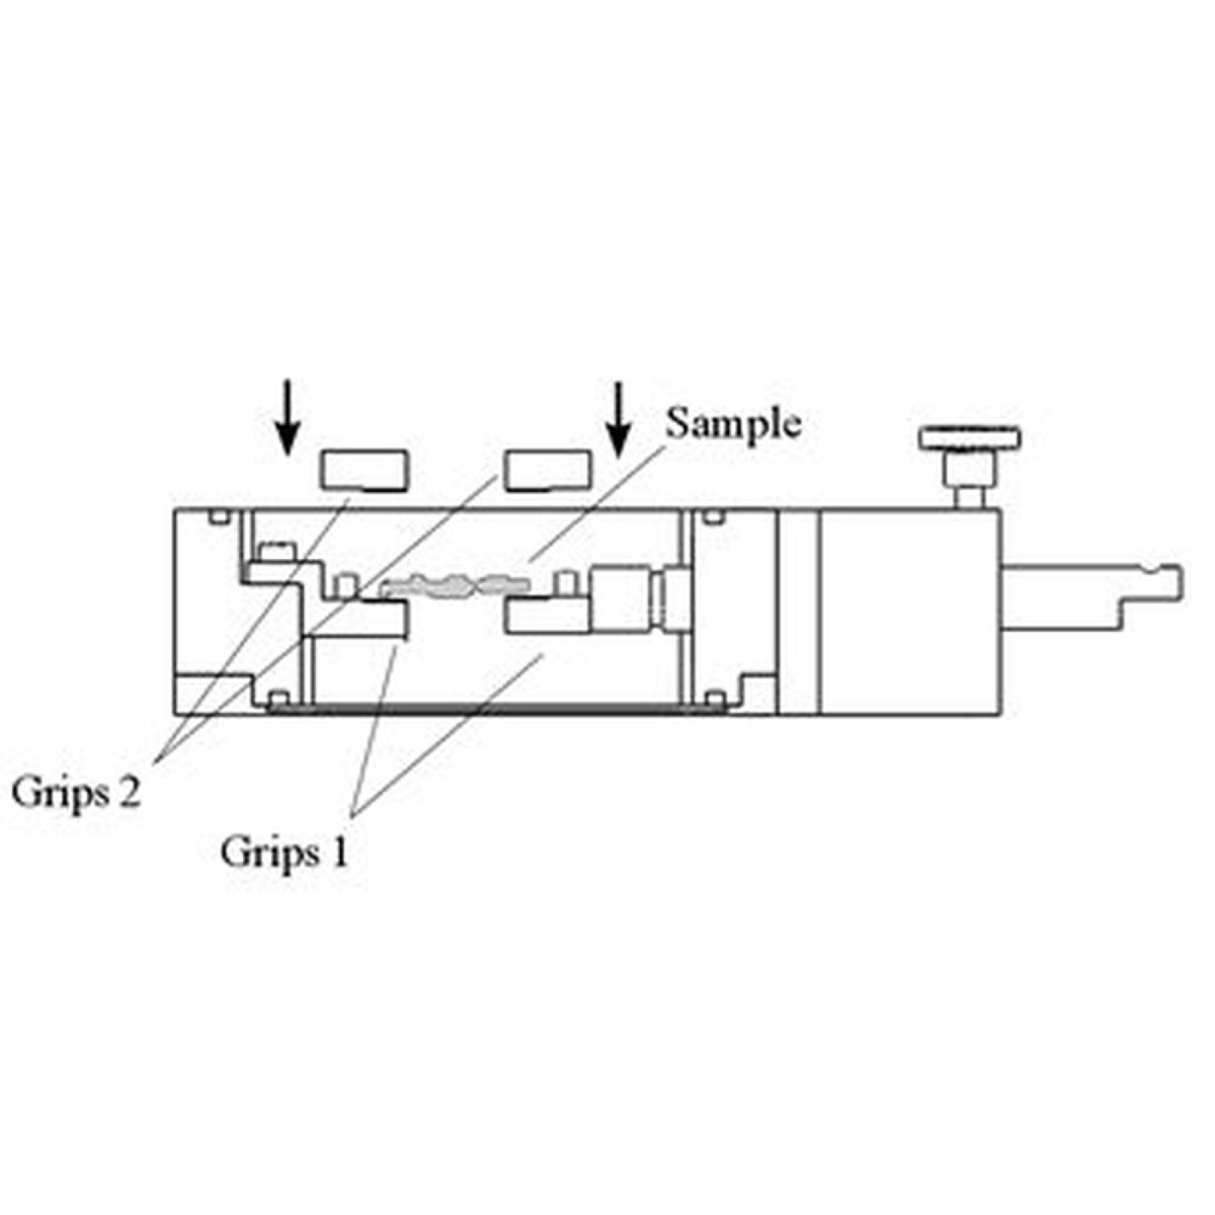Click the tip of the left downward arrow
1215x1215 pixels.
[287, 455]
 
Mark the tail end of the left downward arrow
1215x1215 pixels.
[287, 380]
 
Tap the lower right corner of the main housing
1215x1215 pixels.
[1002, 715]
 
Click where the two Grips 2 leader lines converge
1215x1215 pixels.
[157, 759]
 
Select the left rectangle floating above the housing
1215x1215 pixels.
[364, 470]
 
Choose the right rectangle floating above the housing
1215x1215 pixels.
[548, 469]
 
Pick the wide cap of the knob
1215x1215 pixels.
[970, 439]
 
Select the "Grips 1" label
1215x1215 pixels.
[285, 854]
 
